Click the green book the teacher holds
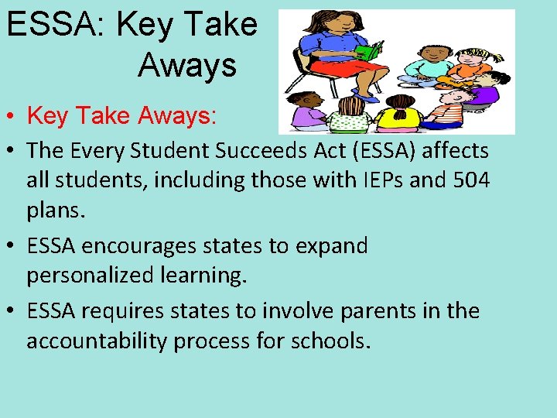369,52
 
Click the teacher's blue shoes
364,96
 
